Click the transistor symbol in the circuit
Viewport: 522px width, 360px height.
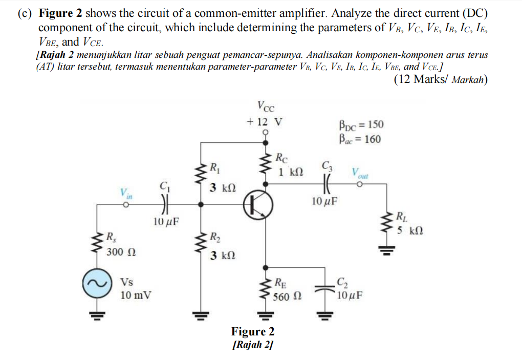[x=254, y=204]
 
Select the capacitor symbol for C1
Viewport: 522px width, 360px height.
[x=163, y=204]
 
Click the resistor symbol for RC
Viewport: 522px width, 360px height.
[x=266, y=163]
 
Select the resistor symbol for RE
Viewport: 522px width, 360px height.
[x=266, y=290]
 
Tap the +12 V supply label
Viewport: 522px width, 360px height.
[x=264, y=122]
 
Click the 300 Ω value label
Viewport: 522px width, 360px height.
[x=121, y=252]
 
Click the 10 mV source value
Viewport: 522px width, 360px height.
[x=132, y=295]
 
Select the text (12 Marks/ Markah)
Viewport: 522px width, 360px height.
[x=441, y=79]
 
